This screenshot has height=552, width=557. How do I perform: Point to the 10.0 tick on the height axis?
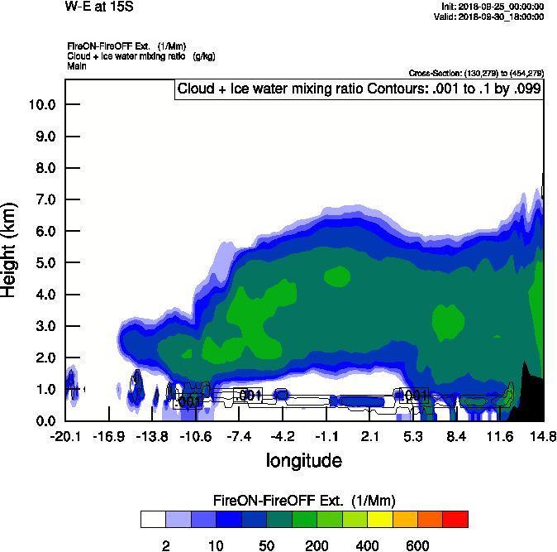42,105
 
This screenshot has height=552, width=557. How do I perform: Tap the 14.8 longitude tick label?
542,436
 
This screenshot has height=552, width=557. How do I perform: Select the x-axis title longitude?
303,459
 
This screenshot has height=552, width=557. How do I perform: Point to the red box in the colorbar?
455,519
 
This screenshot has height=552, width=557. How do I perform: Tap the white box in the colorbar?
153,519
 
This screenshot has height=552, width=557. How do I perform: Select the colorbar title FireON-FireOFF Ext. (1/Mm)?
304,501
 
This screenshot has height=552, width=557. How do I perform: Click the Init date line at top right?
493,7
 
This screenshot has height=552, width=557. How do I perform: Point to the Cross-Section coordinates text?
475,73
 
